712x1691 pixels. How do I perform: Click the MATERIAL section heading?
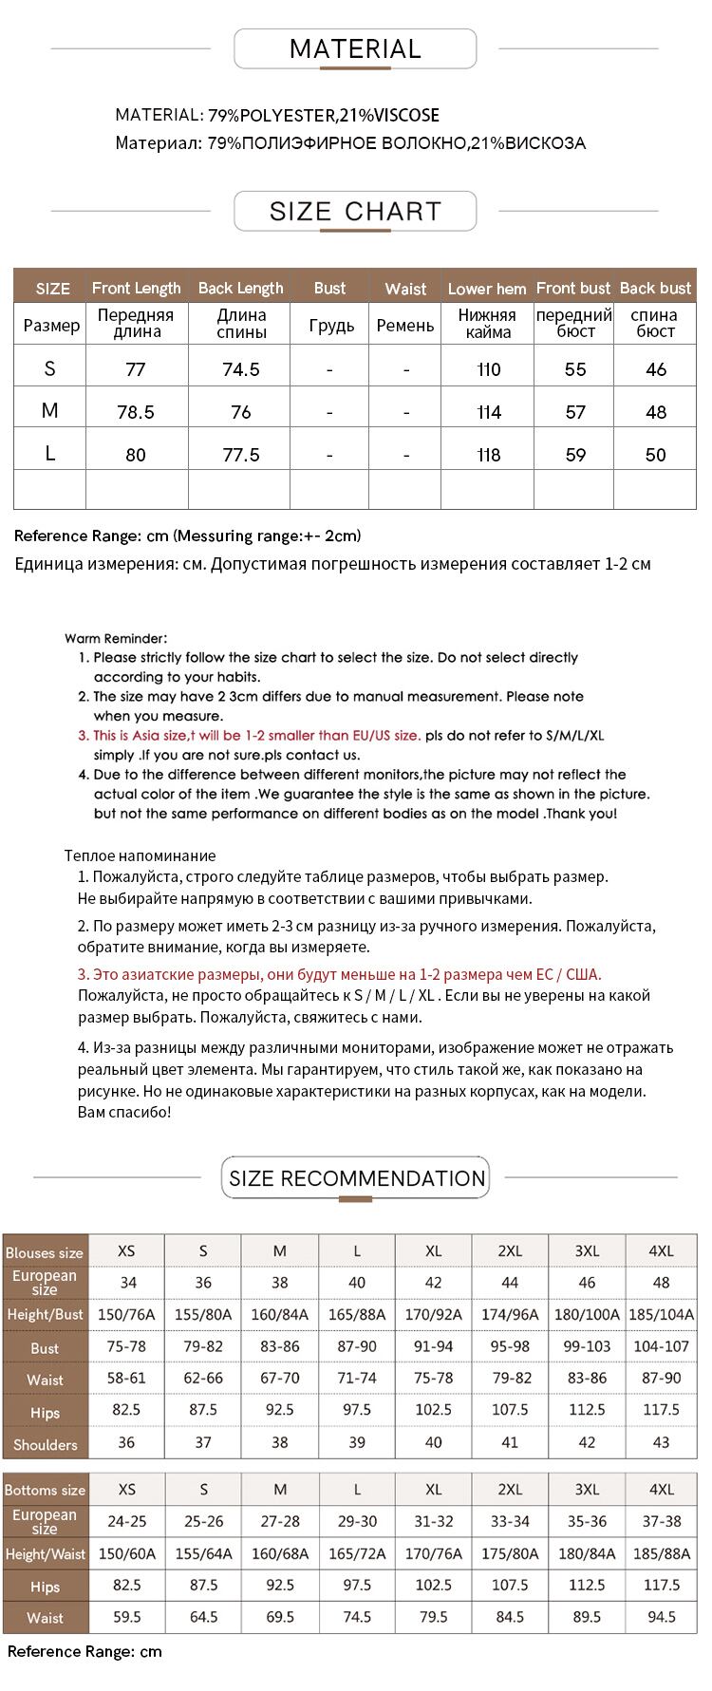click(x=355, y=49)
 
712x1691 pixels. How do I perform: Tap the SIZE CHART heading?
click(x=355, y=212)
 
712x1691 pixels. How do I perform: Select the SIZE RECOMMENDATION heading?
click(x=356, y=1178)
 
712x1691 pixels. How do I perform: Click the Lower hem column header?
click(x=486, y=289)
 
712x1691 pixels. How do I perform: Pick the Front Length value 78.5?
click(x=136, y=412)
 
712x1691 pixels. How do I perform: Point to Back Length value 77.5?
click(x=240, y=455)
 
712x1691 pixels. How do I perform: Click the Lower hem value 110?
click(x=488, y=369)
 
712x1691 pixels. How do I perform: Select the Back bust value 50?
click(x=655, y=455)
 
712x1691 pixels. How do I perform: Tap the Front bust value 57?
click(x=575, y=412)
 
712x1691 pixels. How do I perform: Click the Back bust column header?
click(x=655, y=289)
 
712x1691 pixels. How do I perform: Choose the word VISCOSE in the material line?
click(x=406, y=116)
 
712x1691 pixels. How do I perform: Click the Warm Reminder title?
click(x=116, y=639)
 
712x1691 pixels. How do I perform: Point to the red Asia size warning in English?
click(x=256, y=736)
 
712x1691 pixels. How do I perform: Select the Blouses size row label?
click(x=45, y=1252)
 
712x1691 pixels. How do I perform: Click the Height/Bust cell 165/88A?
click(x=357, y=1315)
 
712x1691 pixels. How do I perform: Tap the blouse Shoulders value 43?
click(x=661, y=1442)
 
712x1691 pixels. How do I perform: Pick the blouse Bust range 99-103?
click(x=587, y=1347)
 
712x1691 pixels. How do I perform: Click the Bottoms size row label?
click(x=45, y=1491)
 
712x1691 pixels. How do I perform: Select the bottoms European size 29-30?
click(x=357, y=1521)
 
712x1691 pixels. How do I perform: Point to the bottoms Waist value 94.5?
click(x=661, y=1617)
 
